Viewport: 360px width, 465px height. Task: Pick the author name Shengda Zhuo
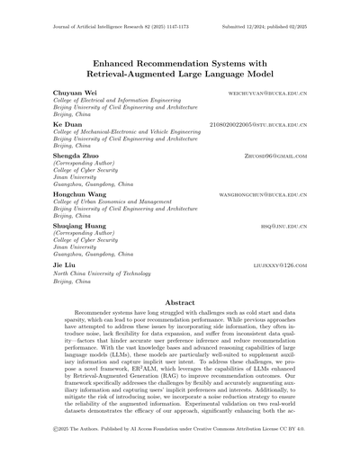click(x=79, y=156)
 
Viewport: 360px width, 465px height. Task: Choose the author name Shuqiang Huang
click(x=83, y=225)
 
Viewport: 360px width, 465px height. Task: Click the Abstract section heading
click(x=180, y=305)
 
